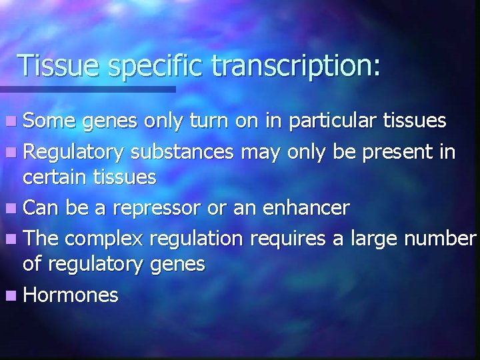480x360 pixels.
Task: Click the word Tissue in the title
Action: point(56,65)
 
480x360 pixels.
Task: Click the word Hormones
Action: point(71,295)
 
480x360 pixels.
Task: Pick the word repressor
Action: point(157,209)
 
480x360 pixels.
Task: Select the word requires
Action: point(292,239)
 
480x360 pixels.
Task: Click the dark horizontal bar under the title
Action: point(87,89)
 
